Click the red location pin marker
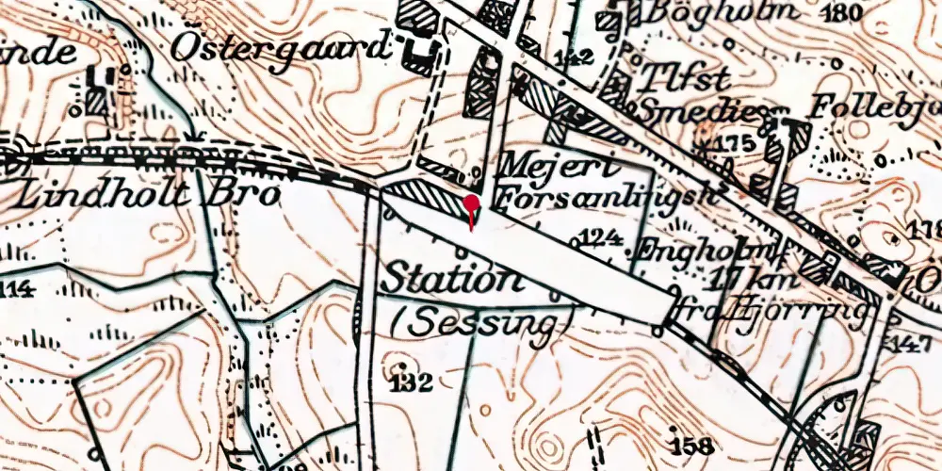(471, 205)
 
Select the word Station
(450, 280)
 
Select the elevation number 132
(412, 382)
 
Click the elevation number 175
(734, 144)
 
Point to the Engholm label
(695, 251)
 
